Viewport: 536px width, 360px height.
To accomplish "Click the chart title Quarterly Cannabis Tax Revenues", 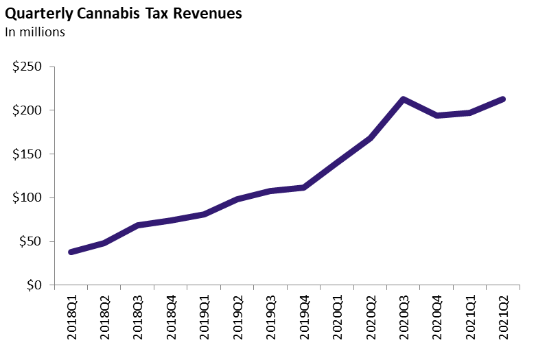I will point(124,14).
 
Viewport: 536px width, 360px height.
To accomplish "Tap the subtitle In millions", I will point(35,32).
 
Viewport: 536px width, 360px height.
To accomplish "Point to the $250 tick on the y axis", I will point(27,67).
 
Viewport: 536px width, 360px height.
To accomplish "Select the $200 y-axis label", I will point(27,110).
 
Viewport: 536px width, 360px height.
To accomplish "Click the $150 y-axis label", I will point(27,154).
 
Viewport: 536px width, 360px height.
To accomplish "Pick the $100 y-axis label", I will point(27,198).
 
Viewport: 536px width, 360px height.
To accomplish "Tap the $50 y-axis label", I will point(30,241).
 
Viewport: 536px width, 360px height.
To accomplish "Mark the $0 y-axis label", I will point(34,285).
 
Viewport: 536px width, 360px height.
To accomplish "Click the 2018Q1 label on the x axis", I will point(71,318).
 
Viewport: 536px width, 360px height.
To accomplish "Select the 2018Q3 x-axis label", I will point(137,318).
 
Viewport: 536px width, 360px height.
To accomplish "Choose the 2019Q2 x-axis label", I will point(237,318).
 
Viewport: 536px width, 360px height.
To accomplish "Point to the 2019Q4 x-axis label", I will point(303,318).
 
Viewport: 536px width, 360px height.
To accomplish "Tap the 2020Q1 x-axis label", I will point(336,318).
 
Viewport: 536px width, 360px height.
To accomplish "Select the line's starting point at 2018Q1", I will point(71,252).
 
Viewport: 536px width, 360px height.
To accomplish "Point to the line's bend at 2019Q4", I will point(303,187).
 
